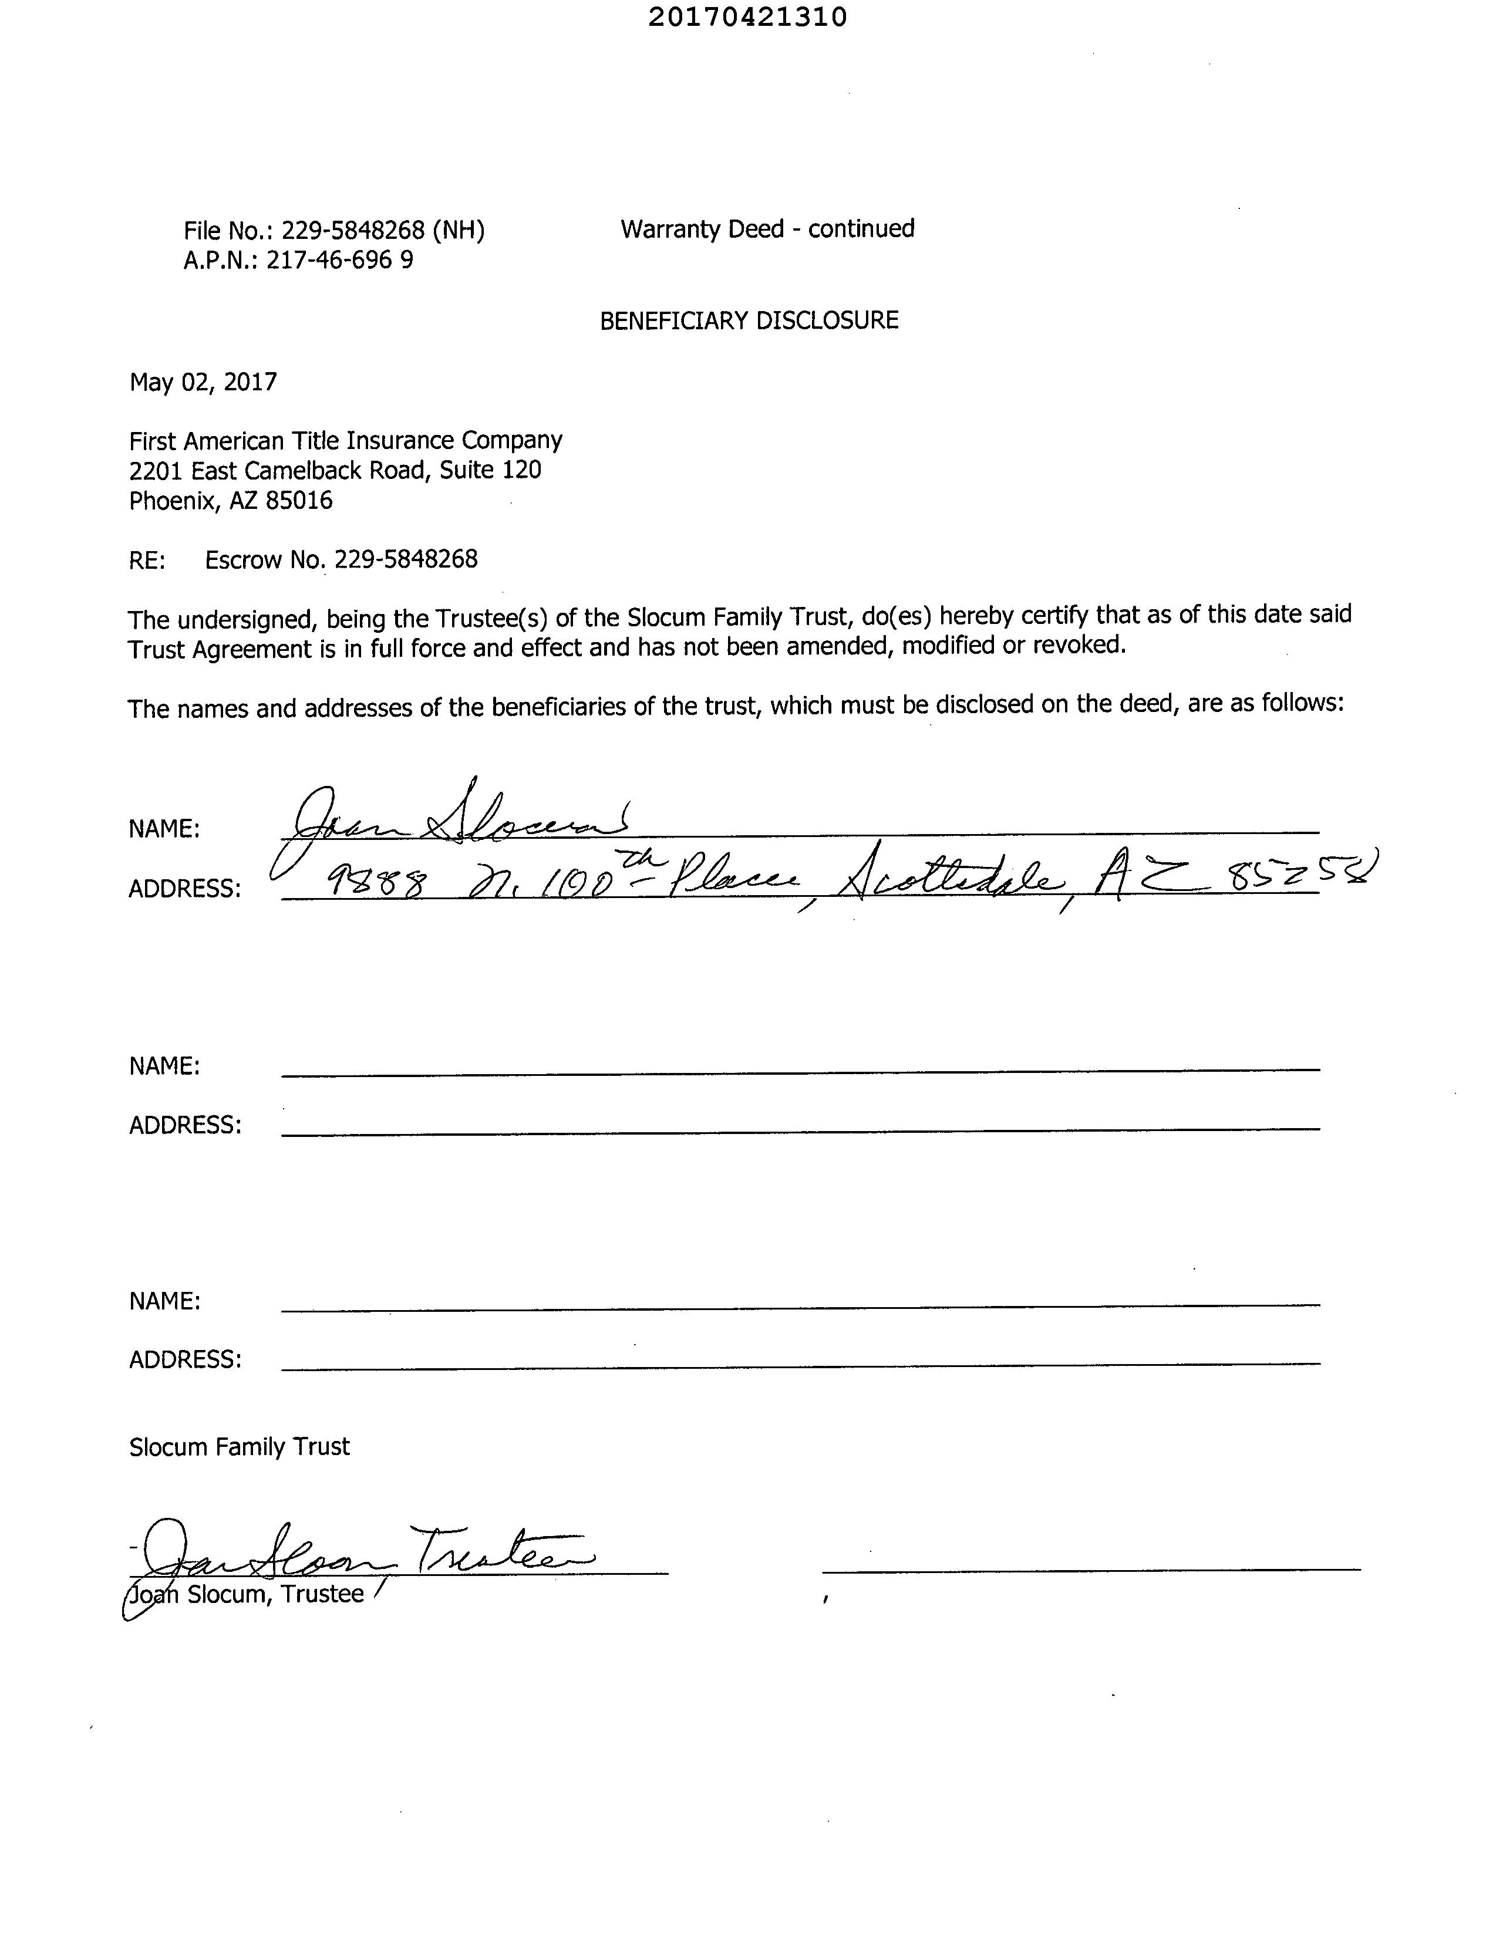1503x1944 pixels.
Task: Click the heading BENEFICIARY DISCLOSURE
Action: [x=749, y=320]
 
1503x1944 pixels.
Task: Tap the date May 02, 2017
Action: [x=203, y=383]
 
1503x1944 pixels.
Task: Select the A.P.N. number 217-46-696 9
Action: [x=339, y=261]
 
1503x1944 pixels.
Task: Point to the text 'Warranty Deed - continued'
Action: [x=767, y=230]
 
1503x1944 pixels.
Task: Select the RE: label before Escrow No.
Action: [x=147, y=561]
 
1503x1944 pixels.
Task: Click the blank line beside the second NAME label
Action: [x=800, y=1071]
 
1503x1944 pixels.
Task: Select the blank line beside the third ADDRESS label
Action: [x=800, y=1364]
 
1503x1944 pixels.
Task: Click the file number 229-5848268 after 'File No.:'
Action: [x=353, y=231]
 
